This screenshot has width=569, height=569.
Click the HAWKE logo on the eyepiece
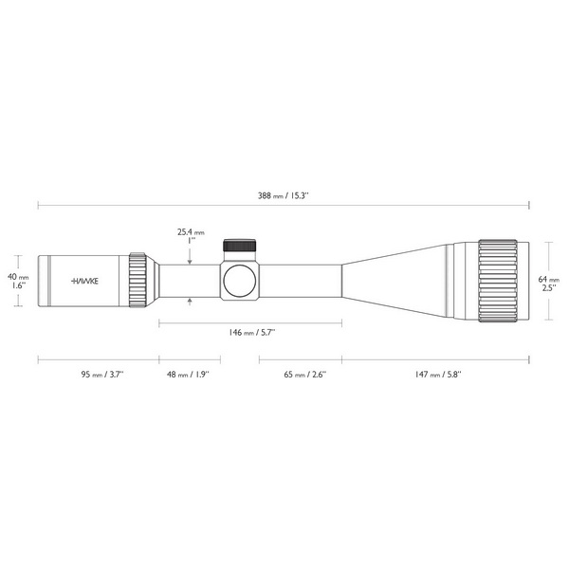click(x=85, y=281)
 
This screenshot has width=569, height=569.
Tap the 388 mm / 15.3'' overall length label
click(x=283, y=196)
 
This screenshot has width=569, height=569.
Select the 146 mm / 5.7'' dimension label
click(x=252, y=333)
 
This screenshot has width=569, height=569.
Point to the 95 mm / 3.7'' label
click(x=102, y=375)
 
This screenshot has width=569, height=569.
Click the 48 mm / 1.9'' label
click(x=188, y=375)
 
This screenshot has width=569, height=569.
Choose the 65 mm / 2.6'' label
click(x=304, y=375)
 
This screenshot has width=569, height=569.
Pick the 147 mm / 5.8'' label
click(x=438, y=375)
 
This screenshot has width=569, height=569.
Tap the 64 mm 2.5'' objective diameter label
click(x=549, y=284)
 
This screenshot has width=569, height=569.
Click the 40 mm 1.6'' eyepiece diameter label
click(x=18, y=281)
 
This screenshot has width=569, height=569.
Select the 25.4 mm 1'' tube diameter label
click(x=191, y=236)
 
